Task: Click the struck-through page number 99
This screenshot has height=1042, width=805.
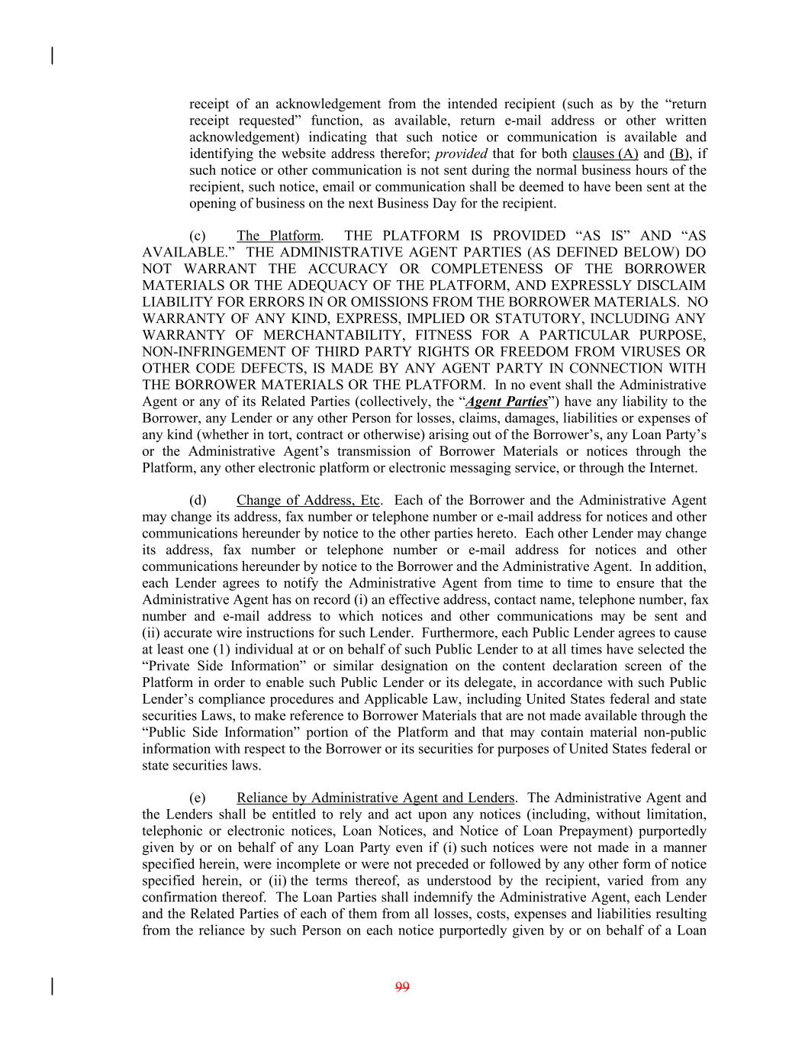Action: (x=402, y=987)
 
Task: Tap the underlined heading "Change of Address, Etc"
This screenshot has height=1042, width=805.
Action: (x=308, y=501)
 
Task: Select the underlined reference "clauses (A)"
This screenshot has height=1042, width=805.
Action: (x=605, y=153)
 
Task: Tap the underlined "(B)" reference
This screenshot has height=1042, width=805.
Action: (x=681, y=153)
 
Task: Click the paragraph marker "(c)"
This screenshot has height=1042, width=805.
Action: (x=198, y=236)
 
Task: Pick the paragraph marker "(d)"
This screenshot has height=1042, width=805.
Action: (x=198, y=501)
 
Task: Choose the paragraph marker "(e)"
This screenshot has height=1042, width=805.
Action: (x=198, y=798)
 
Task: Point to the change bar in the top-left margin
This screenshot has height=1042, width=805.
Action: (x=52, y=56)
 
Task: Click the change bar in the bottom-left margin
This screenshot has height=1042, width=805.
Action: (x=52, y=986)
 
